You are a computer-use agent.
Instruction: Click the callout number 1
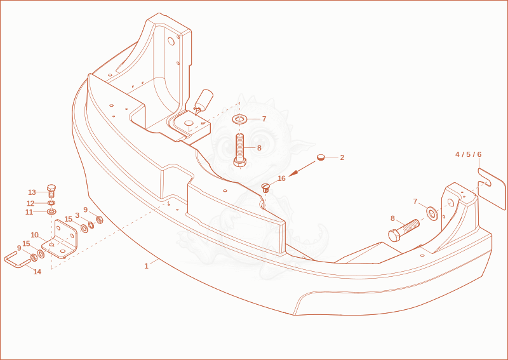(x=147, y=266)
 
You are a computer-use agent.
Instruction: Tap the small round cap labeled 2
(x=321, y=157)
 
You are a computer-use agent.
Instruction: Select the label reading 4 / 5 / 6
(x=469, y=154)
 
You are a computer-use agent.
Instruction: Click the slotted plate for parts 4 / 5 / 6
(x=491, y=189)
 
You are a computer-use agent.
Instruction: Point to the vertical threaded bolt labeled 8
(x=240, y=150)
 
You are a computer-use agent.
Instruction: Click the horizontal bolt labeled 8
(x=404, y=230)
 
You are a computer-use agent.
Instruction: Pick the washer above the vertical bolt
(x=239, y=119)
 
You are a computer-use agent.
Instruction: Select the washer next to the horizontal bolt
(x=432, y=213)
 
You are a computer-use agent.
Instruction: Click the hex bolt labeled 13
(x=51, y=191)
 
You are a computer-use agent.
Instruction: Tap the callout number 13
(x=32, y=192)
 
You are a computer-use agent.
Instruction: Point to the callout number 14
(x=37, y=272)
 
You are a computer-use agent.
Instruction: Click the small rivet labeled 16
(x=265, y=187)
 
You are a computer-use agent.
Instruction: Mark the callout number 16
(x=281, y=178)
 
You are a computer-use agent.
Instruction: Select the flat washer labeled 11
(x=51, y=212)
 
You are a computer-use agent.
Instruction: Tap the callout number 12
(x=30, y=204)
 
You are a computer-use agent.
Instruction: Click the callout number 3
(x=77, y=215)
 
